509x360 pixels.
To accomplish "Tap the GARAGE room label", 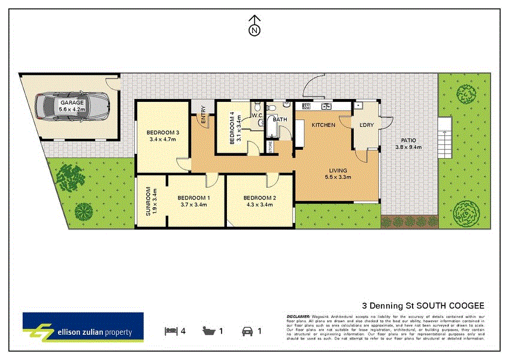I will pyautogui.click(x=72, y=102).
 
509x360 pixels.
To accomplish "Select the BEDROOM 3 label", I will pyautogui.click(x=163, y=132).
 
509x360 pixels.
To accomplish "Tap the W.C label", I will pyautogui.click(x=257, y=115).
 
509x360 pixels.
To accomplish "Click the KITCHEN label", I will pyautogui.click(x=323, y=125).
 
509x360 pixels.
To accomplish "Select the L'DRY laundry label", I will pyautogui.click(x=366, y=125).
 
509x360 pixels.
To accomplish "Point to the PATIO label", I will pyautogui.click(x=408, y=141).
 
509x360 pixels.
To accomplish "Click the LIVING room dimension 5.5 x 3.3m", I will pyautogui.click(x=336, y=177).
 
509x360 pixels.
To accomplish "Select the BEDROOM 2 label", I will pyautogui.click(x=259, y=198).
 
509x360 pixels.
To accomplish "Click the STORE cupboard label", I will pyautogui.click(x=270, y=147).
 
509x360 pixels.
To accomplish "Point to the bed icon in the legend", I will pyautogui.click(x=171, y=331).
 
